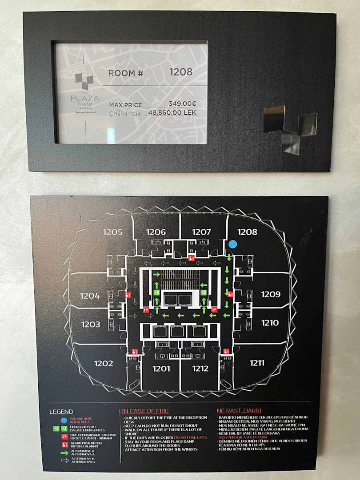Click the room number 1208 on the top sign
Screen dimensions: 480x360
[181, 72]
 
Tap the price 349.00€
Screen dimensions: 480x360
[182, 104]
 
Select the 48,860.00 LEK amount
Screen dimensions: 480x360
[172, 113]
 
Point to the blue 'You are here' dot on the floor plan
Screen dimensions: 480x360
[232, 244]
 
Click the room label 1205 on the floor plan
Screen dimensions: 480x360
[113, 232]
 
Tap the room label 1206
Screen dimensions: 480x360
[156, 232]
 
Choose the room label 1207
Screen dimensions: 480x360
[201, 232]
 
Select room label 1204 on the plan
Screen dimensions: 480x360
[90, 296]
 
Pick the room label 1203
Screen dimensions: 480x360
[91, 324]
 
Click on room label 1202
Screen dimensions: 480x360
[104, 364]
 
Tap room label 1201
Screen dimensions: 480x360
[161, 368]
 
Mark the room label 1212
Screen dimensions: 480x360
[200, 368]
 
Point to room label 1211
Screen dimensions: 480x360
[257, 363]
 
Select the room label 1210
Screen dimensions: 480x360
[270, 323]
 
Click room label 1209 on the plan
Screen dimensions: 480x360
[271, 294]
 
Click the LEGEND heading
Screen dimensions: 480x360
[61, 412]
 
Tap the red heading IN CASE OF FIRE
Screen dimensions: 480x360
[145, 411]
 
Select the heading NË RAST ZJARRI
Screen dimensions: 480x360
[239, 411]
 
